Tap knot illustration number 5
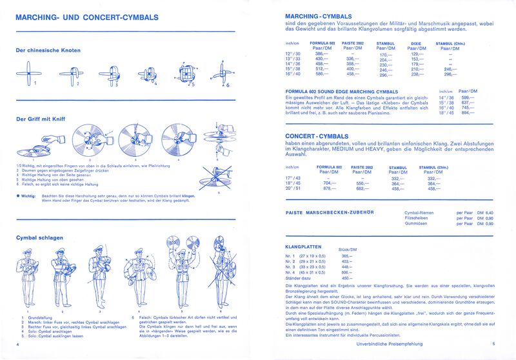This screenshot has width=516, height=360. point(182,75)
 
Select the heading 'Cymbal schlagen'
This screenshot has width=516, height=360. point(39,237)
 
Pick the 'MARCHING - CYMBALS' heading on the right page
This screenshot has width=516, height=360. point(318,15)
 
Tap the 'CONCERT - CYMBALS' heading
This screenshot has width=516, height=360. point(317,136)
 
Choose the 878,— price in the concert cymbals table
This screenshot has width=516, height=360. point(330,188)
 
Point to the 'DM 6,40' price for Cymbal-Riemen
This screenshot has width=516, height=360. point(483,212)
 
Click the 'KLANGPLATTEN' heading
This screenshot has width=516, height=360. point(303,247)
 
